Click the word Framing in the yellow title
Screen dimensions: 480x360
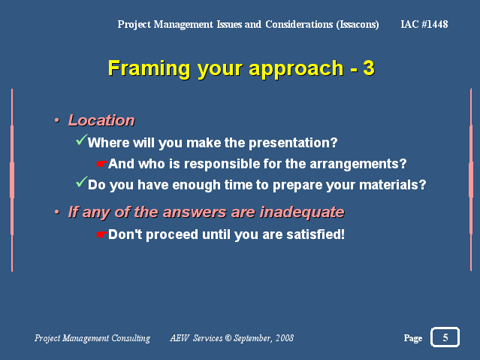tap(149, 69)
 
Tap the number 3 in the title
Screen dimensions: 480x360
tap(369, 68)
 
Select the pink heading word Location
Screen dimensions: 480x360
tap(101, 120)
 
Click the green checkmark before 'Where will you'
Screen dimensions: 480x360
tap(82, 139)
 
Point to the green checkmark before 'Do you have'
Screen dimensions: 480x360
tap(82, 182)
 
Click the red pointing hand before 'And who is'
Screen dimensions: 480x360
tap(101, 164)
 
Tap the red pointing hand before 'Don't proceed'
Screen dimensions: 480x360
tap(101, 234)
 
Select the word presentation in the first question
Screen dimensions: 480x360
tap(293, 143)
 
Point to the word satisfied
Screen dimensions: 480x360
tap(315, 234)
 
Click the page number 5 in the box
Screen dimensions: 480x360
tap(445, 337)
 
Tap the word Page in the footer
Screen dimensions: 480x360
tap(413, 338)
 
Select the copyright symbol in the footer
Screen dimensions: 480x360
tap(228, 337)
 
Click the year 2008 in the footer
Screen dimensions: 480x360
tap(285, 337)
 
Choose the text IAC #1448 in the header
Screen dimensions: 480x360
tap(424, 24)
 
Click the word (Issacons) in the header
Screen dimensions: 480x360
tap(358, 24)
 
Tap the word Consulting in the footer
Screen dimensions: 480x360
tap(131, 338)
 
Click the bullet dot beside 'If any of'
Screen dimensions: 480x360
tap(56, 212)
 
